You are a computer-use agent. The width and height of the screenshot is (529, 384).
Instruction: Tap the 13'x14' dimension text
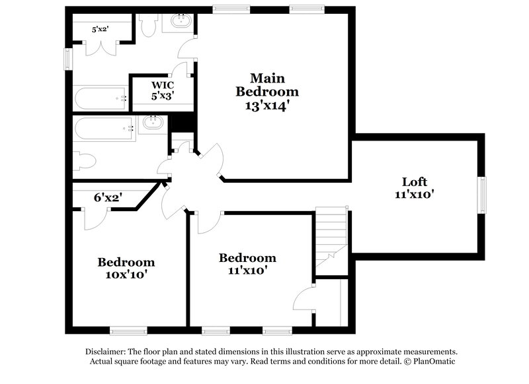(267, 104)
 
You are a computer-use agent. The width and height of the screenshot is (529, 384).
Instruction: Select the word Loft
(415, 181)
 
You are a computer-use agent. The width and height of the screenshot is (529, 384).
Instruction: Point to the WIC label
(163, 85)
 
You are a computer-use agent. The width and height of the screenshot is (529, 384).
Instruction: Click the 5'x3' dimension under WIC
(163, 96)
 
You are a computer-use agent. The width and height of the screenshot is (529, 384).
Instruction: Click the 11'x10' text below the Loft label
(415, 195)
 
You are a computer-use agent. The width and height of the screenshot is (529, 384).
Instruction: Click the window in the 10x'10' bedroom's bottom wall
(128, 331)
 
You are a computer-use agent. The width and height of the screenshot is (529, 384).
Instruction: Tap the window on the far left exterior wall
(66, 57)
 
